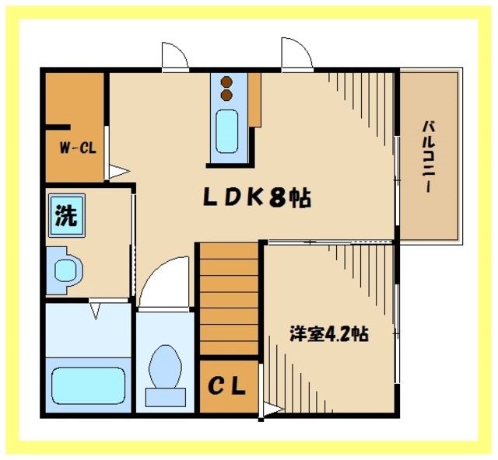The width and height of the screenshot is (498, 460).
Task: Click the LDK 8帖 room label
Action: pos(257,199)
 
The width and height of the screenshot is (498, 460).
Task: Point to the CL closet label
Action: pos(226,385)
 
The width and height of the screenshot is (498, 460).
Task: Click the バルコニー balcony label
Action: pos(429,159)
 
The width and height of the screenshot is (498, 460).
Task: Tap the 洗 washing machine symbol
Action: pos(65,217)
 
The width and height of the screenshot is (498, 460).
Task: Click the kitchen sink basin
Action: pos(227,131)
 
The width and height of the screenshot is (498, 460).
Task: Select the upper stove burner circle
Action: pos(227,82)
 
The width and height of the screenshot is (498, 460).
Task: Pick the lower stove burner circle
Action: pos(227,95)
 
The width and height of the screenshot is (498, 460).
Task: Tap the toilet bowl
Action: pos(165,369)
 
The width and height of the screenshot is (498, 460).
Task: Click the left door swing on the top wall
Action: pos(174,56)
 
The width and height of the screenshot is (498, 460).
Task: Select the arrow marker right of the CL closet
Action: pos(269,409)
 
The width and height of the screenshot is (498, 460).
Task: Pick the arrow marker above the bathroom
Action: pos(95,312)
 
